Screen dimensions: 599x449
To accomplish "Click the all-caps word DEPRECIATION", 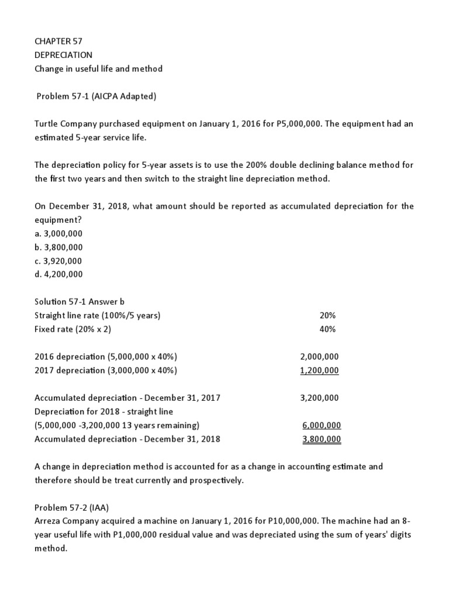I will click(64, 55).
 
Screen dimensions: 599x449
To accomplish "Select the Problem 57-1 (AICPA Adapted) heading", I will click(96, 97).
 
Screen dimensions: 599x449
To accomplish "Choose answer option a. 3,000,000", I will click(58, 233).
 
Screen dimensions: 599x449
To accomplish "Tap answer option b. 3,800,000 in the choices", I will click(58, 247).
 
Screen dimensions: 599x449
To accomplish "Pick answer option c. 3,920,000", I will click(58, 260).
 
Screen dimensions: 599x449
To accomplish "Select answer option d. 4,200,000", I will click(58, 274).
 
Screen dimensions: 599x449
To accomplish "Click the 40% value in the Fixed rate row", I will click(327, 329).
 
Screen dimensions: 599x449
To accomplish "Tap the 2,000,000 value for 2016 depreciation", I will click(319, 356).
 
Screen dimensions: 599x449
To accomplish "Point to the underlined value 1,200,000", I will click(319, 370).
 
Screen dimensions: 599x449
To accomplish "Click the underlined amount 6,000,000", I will click(322, 425).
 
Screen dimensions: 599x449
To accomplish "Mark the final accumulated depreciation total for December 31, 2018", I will click(322, 439).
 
